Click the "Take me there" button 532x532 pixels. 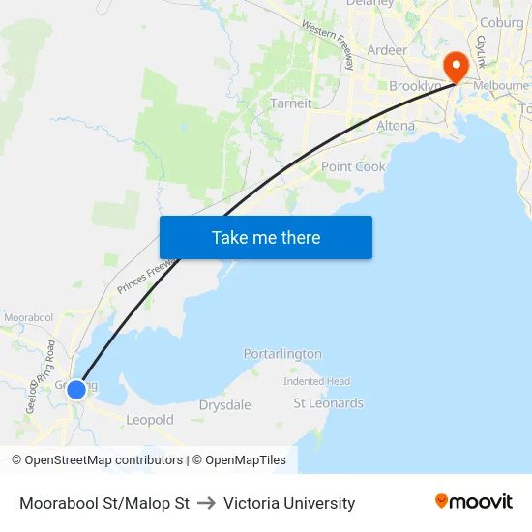[266, 237]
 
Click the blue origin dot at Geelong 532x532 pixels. [76, 390]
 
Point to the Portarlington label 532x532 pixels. [282, 354]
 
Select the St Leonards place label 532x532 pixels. [329, 402]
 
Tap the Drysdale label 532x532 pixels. [224, 404]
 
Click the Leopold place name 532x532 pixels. [150, 420]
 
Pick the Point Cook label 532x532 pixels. [353, 166]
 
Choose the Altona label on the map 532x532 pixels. [395, 126]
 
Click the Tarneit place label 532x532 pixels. [291, 103]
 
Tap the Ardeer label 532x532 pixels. [387, 49]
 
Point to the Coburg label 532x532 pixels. [501, 23]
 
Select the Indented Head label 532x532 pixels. [316, 381]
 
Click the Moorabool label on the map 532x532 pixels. [28, 317]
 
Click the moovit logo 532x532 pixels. [474, 502]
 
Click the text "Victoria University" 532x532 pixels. [289, 503]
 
